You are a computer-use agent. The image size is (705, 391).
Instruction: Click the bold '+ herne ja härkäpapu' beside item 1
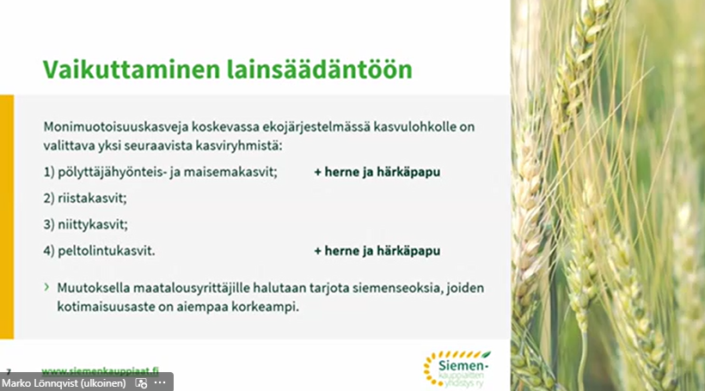click(x=377, y=172)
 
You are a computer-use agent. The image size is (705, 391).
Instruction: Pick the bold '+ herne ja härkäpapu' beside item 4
click(x=377, y=251)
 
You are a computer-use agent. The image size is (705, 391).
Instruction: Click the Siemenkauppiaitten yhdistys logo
click(x=456, y=367)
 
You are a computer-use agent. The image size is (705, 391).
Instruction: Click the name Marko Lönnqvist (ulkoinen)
click(x=64, y=383)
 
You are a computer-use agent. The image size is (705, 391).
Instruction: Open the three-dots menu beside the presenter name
click(x=160, y=383)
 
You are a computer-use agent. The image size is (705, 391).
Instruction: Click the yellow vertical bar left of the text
click(x=7, y=216)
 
